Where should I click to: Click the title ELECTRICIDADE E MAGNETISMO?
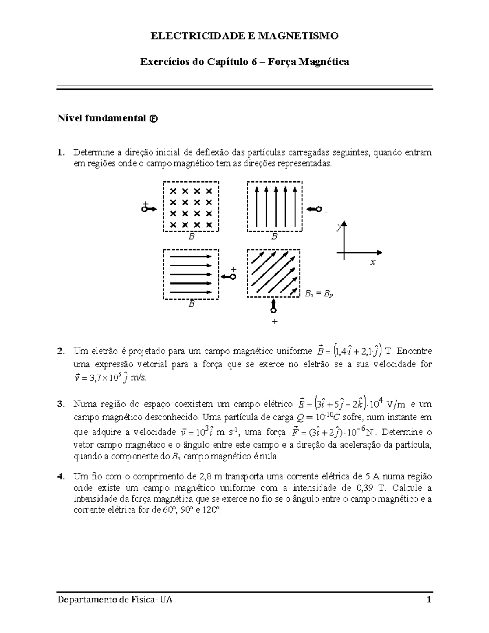point(244,36)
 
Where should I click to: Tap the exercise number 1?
point(60,153)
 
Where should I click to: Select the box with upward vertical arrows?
point(274,207)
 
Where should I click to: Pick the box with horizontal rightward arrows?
point(191,274)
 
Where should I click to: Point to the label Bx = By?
point(319,293)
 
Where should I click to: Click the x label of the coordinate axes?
point(372,263)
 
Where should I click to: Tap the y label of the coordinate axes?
point(338,229)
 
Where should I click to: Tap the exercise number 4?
point(60,476)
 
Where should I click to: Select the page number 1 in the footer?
point(428,600)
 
